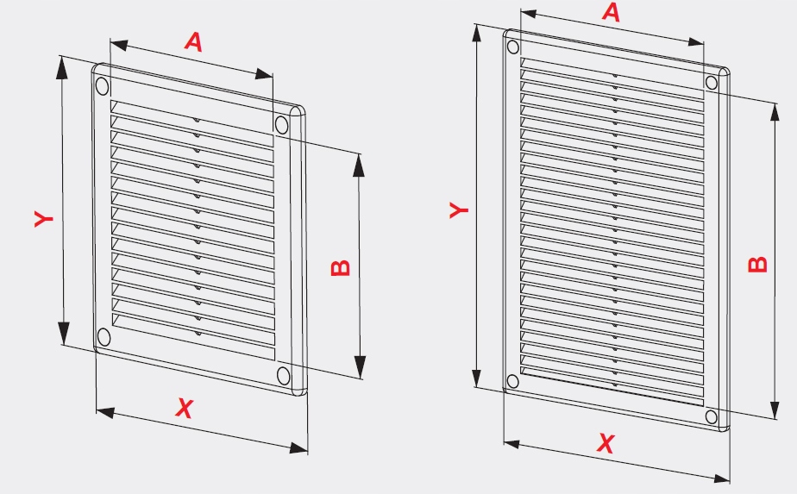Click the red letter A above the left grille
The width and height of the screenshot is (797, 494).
(193, 41)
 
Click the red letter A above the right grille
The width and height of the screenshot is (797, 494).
(612, 12)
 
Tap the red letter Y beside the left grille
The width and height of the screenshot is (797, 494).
(44, 218)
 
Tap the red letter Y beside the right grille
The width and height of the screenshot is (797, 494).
(459, 209)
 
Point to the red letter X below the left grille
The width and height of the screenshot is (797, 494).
(185, 408)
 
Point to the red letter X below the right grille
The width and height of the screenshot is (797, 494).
(606, 443)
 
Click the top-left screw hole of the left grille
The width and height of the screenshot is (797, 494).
(102, 86)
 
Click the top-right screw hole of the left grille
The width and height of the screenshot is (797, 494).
(281, 124)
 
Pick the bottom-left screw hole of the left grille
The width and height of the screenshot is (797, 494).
(104, 337)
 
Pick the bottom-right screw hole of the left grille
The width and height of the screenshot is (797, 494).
(283, 376)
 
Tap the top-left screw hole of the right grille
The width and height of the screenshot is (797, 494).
(513, 47)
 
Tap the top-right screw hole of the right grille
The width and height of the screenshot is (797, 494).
(712, 83)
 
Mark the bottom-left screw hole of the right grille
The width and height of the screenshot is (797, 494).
(513, 381)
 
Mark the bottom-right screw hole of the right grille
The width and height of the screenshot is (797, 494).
(712, 417)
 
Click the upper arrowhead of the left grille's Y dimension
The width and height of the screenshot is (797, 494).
(61, 67)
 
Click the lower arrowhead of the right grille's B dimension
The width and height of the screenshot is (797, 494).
(775, 410)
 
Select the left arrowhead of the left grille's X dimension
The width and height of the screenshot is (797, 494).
(105, 412)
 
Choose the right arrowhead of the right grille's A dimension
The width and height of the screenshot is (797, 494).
(695, 41)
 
